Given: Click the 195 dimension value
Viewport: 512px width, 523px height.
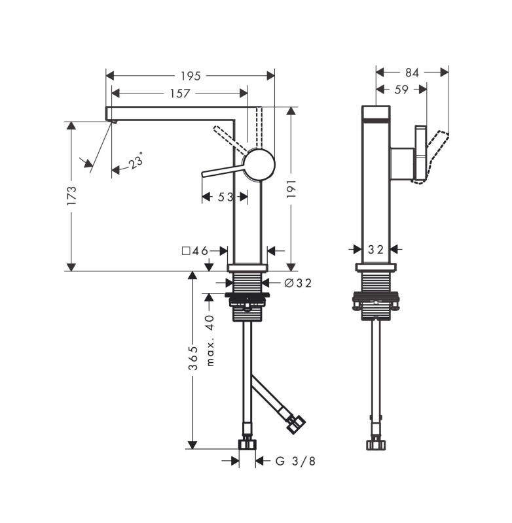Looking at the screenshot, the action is coord(191,76).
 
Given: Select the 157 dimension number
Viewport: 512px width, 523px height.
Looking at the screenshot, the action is coord(180,93).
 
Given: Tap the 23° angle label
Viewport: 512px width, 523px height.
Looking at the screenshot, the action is coord(136,160).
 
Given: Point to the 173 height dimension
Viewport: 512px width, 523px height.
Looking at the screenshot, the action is coord(72,195).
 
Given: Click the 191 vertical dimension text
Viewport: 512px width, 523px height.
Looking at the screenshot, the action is coord(291,188).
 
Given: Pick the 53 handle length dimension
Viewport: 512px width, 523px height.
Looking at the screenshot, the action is coord(225,197).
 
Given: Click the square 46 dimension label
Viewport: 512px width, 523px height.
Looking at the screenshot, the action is coord(195,250).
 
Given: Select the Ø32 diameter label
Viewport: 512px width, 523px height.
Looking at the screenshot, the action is coord(298,283).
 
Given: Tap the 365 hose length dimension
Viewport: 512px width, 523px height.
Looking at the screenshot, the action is coord(193,358).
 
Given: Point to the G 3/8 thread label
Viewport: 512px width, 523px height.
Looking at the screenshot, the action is coord(295,462).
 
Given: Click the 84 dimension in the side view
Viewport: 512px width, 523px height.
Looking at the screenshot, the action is coord(412,73).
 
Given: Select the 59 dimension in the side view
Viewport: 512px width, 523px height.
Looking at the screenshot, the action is coord(401,90).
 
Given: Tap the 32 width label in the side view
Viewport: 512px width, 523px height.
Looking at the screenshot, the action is coord(376,249).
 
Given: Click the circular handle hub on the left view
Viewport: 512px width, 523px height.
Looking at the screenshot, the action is coord(259,164).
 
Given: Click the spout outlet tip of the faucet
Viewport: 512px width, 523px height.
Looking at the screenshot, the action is coord(114,122).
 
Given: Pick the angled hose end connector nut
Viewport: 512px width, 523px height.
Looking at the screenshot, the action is coord(297,424).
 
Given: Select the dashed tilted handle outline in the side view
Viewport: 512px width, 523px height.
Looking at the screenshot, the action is coord(431,158).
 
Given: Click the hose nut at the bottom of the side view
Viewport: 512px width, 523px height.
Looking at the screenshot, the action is coord(376,445).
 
